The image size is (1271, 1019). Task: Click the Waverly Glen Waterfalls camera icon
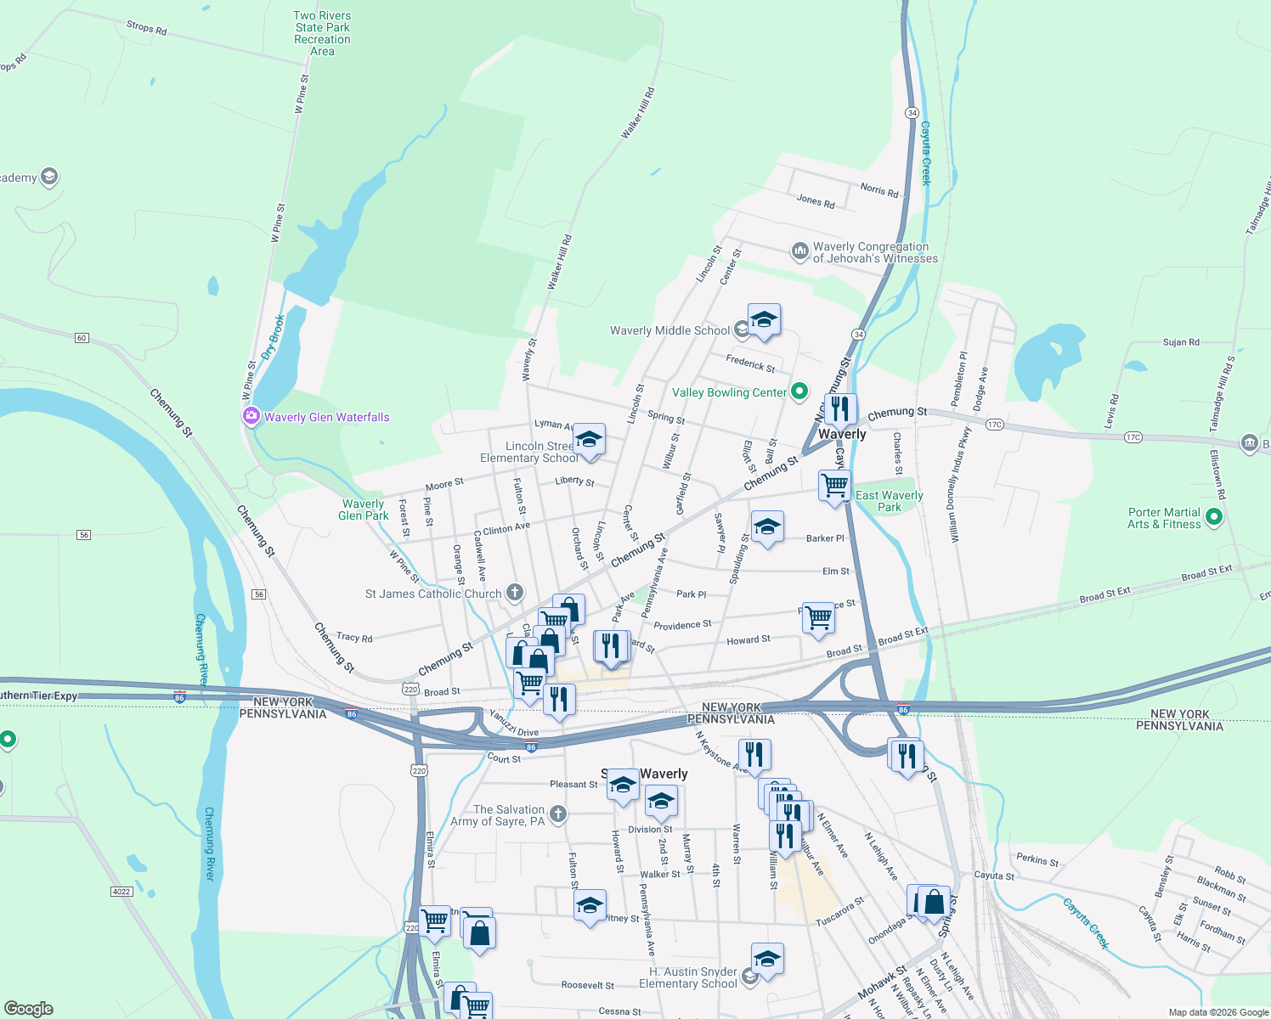(251, 417)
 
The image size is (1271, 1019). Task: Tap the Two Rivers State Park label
(322, 33)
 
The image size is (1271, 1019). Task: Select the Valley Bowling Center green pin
(799, 391)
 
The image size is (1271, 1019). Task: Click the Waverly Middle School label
(669, 330)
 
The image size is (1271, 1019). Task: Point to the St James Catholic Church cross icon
(515, 593)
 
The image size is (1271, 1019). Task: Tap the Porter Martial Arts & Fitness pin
(1214, 516)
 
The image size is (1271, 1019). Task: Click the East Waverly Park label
(889, 501)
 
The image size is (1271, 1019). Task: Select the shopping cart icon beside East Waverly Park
(834, 485)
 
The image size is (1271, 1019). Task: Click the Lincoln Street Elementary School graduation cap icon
(589, 440)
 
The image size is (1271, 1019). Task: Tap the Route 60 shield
(82, 338)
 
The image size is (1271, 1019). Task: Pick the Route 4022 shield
(121, 891)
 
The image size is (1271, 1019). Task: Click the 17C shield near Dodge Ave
(995, 425)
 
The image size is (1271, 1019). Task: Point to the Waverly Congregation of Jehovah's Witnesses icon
(799, 251)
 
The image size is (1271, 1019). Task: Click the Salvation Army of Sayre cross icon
(557, 814)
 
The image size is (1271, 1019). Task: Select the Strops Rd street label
(146, 27)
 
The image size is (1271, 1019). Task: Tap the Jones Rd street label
(816, 201)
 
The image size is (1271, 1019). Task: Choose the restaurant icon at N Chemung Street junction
(839, 409)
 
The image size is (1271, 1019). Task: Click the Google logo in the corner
(28, 1009)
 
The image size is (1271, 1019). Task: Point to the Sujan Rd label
(1181, 342)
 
